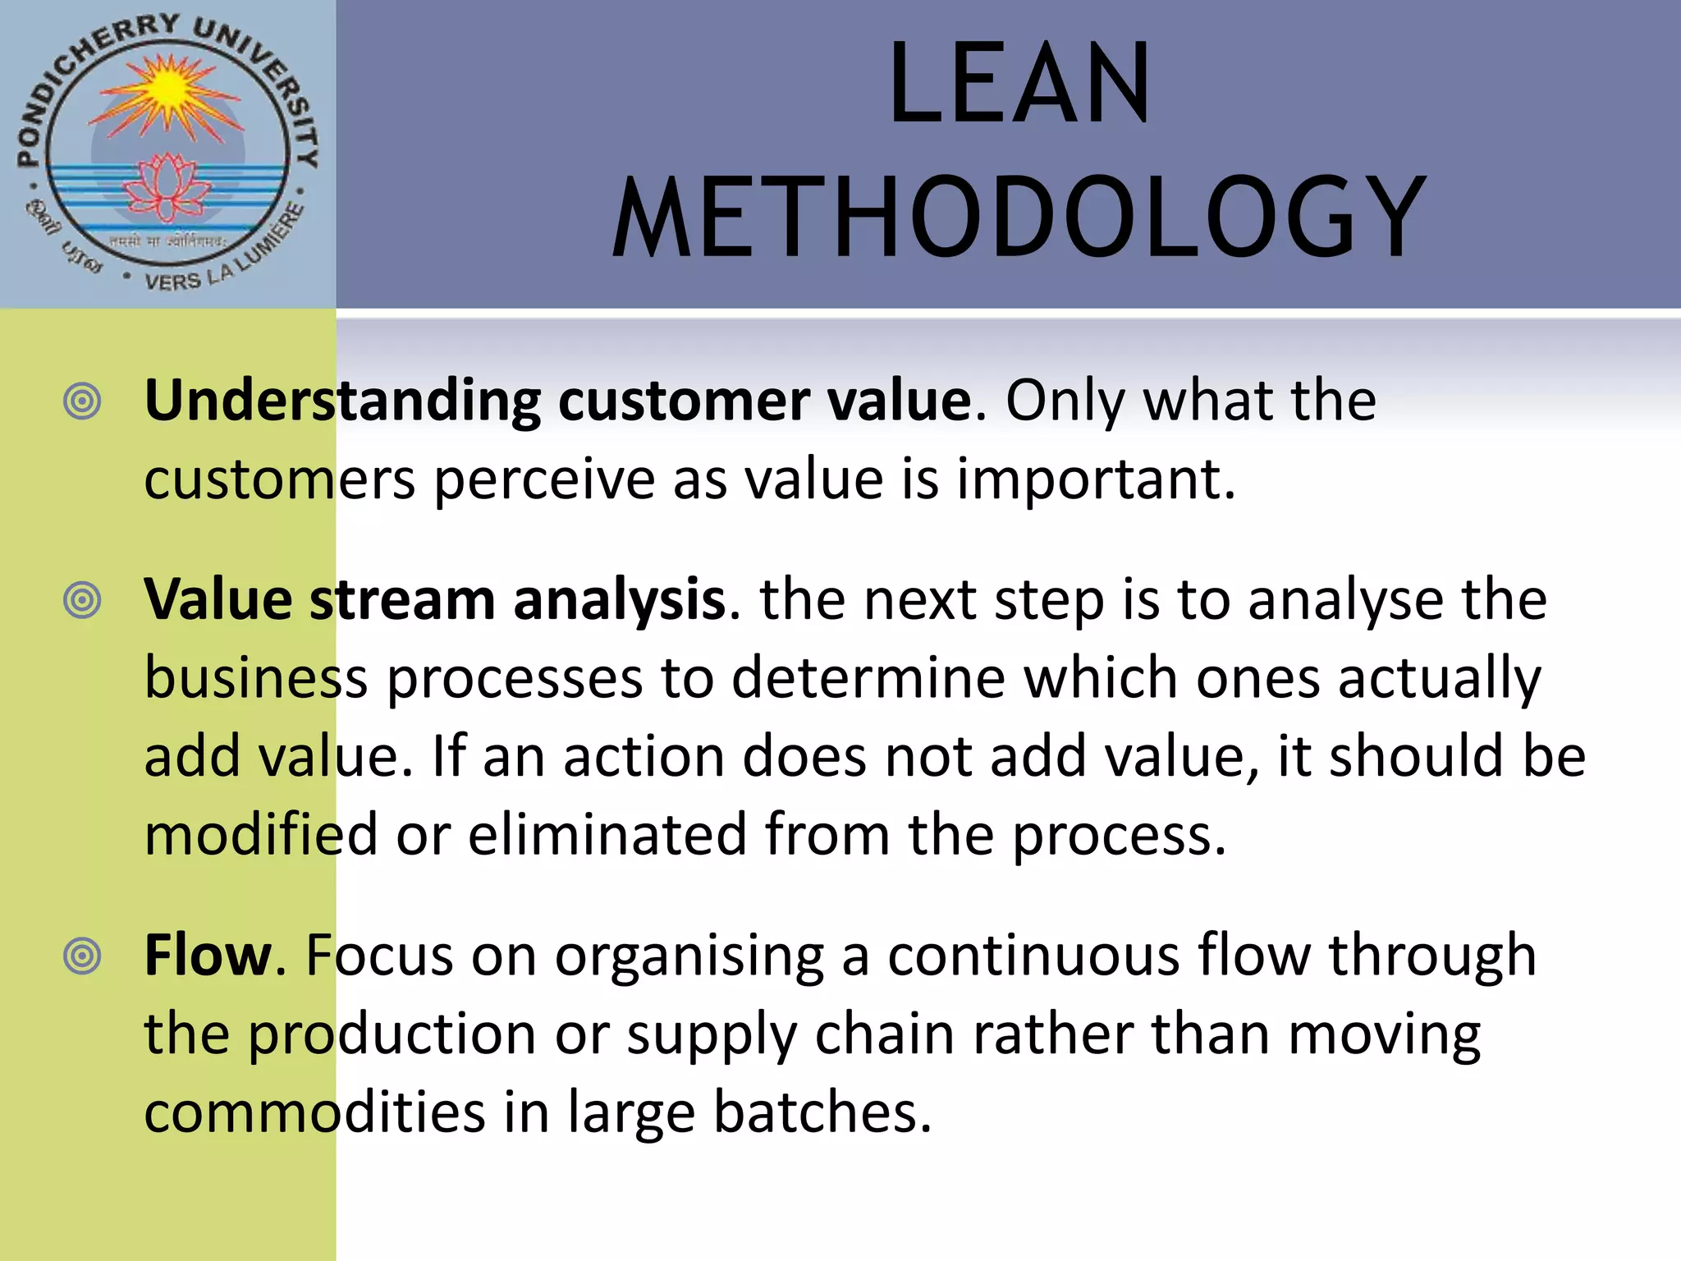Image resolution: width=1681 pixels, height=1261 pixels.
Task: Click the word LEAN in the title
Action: tap(1019, 84)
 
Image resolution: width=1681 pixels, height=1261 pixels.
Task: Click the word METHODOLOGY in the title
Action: tap(1019, 218)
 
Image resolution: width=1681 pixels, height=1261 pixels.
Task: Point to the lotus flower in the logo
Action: tap(167, 187)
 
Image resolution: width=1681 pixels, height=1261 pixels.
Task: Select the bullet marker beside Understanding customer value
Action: tap(82, 401)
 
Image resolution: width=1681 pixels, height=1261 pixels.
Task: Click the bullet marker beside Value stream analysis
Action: tap(82, 600)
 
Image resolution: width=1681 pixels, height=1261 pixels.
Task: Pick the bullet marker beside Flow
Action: tap(82, 956)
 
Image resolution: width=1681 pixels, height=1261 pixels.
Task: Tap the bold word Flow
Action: tap(208, 956)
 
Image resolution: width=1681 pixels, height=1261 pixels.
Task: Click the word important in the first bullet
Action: tap(1096, 479)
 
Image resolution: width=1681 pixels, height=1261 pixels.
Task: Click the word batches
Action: tap(822, 1112)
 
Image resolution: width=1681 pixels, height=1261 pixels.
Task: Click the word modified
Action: tap(261, 835)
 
